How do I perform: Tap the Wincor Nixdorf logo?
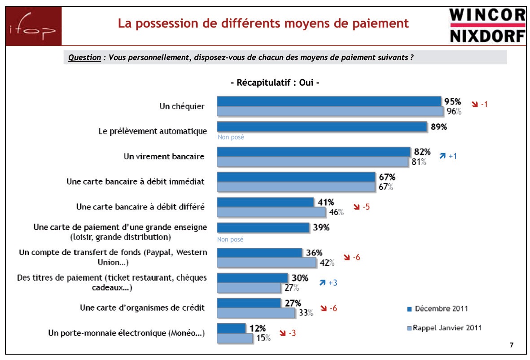pyautogui.click(x=487, y=26)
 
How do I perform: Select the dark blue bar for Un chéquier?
pyautogui.click(x=329, y=101)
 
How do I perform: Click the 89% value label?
pyautogui.click(x=439, y=127)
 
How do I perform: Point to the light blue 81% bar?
pyautogui.click(x=314, y=162)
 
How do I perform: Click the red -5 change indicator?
pyautogui.click(x=361, y=207)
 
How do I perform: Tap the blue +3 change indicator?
pyautogui.click(x=328, y=283)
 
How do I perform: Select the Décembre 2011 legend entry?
pyautogui.click(x=437, y=308)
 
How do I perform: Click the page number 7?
pyautogui.click(x=512, y=345)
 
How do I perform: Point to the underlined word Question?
pyautogui.click(x=84, y=57)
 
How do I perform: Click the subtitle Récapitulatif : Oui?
pyautogui.click(x=275, y=83)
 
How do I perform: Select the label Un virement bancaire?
pyautogui.click(x=164, y=157)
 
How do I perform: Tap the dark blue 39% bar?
pyautogui.click(x=263, y=228)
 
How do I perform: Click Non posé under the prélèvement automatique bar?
pyautogui.click(x=231, y=137)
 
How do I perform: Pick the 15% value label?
pyautogui.click(x=263, y=338)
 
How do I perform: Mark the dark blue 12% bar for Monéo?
pyautogui.click(x=231, y=328)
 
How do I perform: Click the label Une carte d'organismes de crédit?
pyautogui.click(x=142, y=307)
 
